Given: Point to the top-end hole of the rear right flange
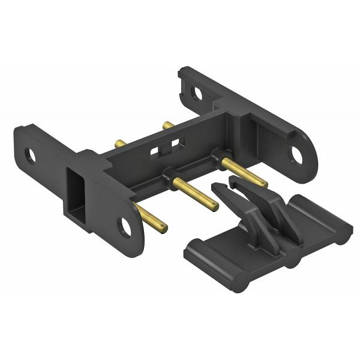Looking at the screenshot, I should coord(197,93).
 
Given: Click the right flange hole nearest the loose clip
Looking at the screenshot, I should coord(295,154).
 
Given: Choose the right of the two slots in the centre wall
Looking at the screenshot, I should coord(175,143).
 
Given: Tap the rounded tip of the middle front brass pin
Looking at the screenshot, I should coord(214,207).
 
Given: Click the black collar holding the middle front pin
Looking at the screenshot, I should coord(167,178).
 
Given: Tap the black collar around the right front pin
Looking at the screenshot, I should coord(214,158).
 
